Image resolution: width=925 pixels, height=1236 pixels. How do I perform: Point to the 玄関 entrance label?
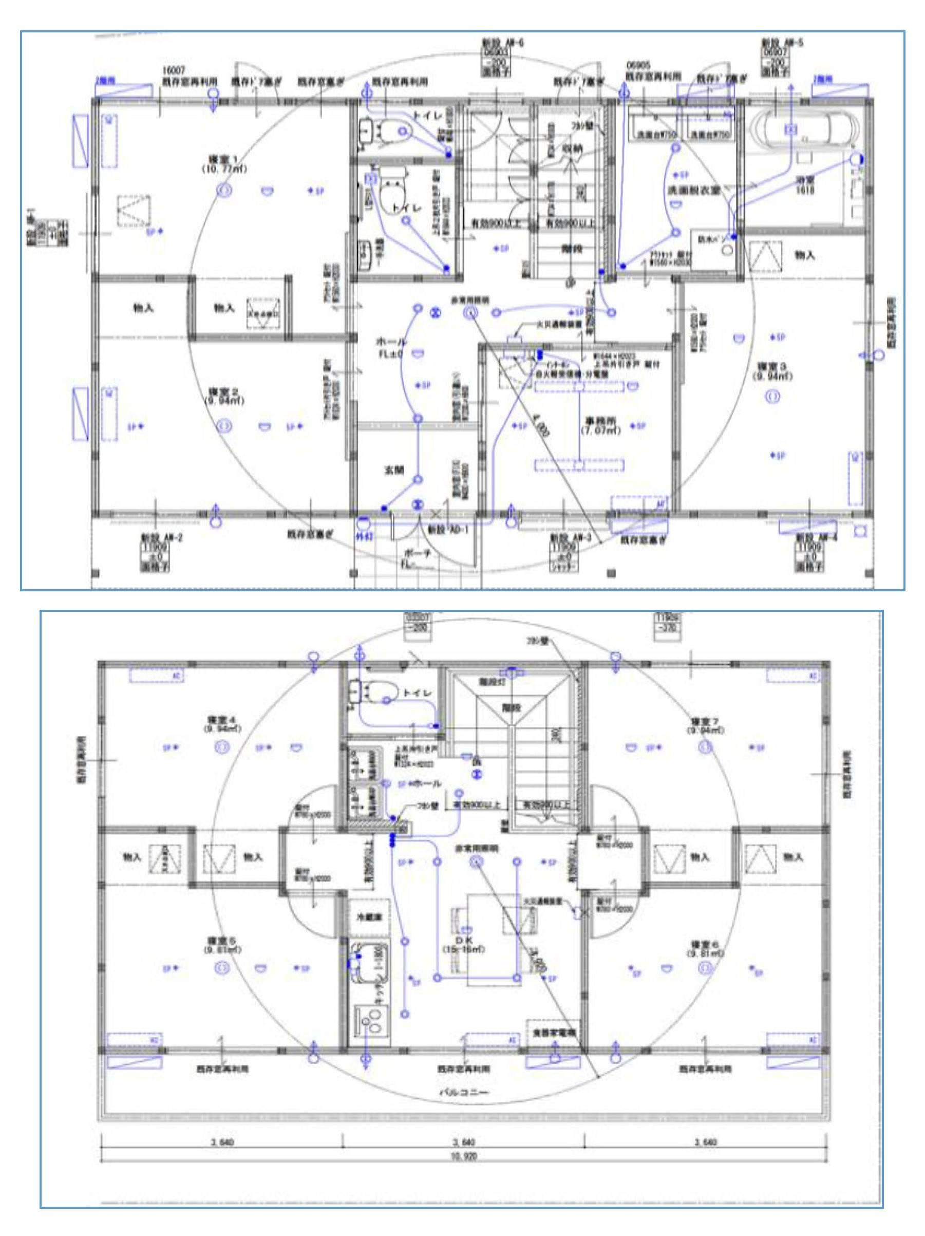click(394, 471)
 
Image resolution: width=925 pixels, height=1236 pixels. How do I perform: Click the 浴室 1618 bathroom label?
click(805, 185)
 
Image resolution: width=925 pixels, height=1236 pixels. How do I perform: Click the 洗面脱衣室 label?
click(693, 191)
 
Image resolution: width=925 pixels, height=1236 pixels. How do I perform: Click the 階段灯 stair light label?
click(492, 682)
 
